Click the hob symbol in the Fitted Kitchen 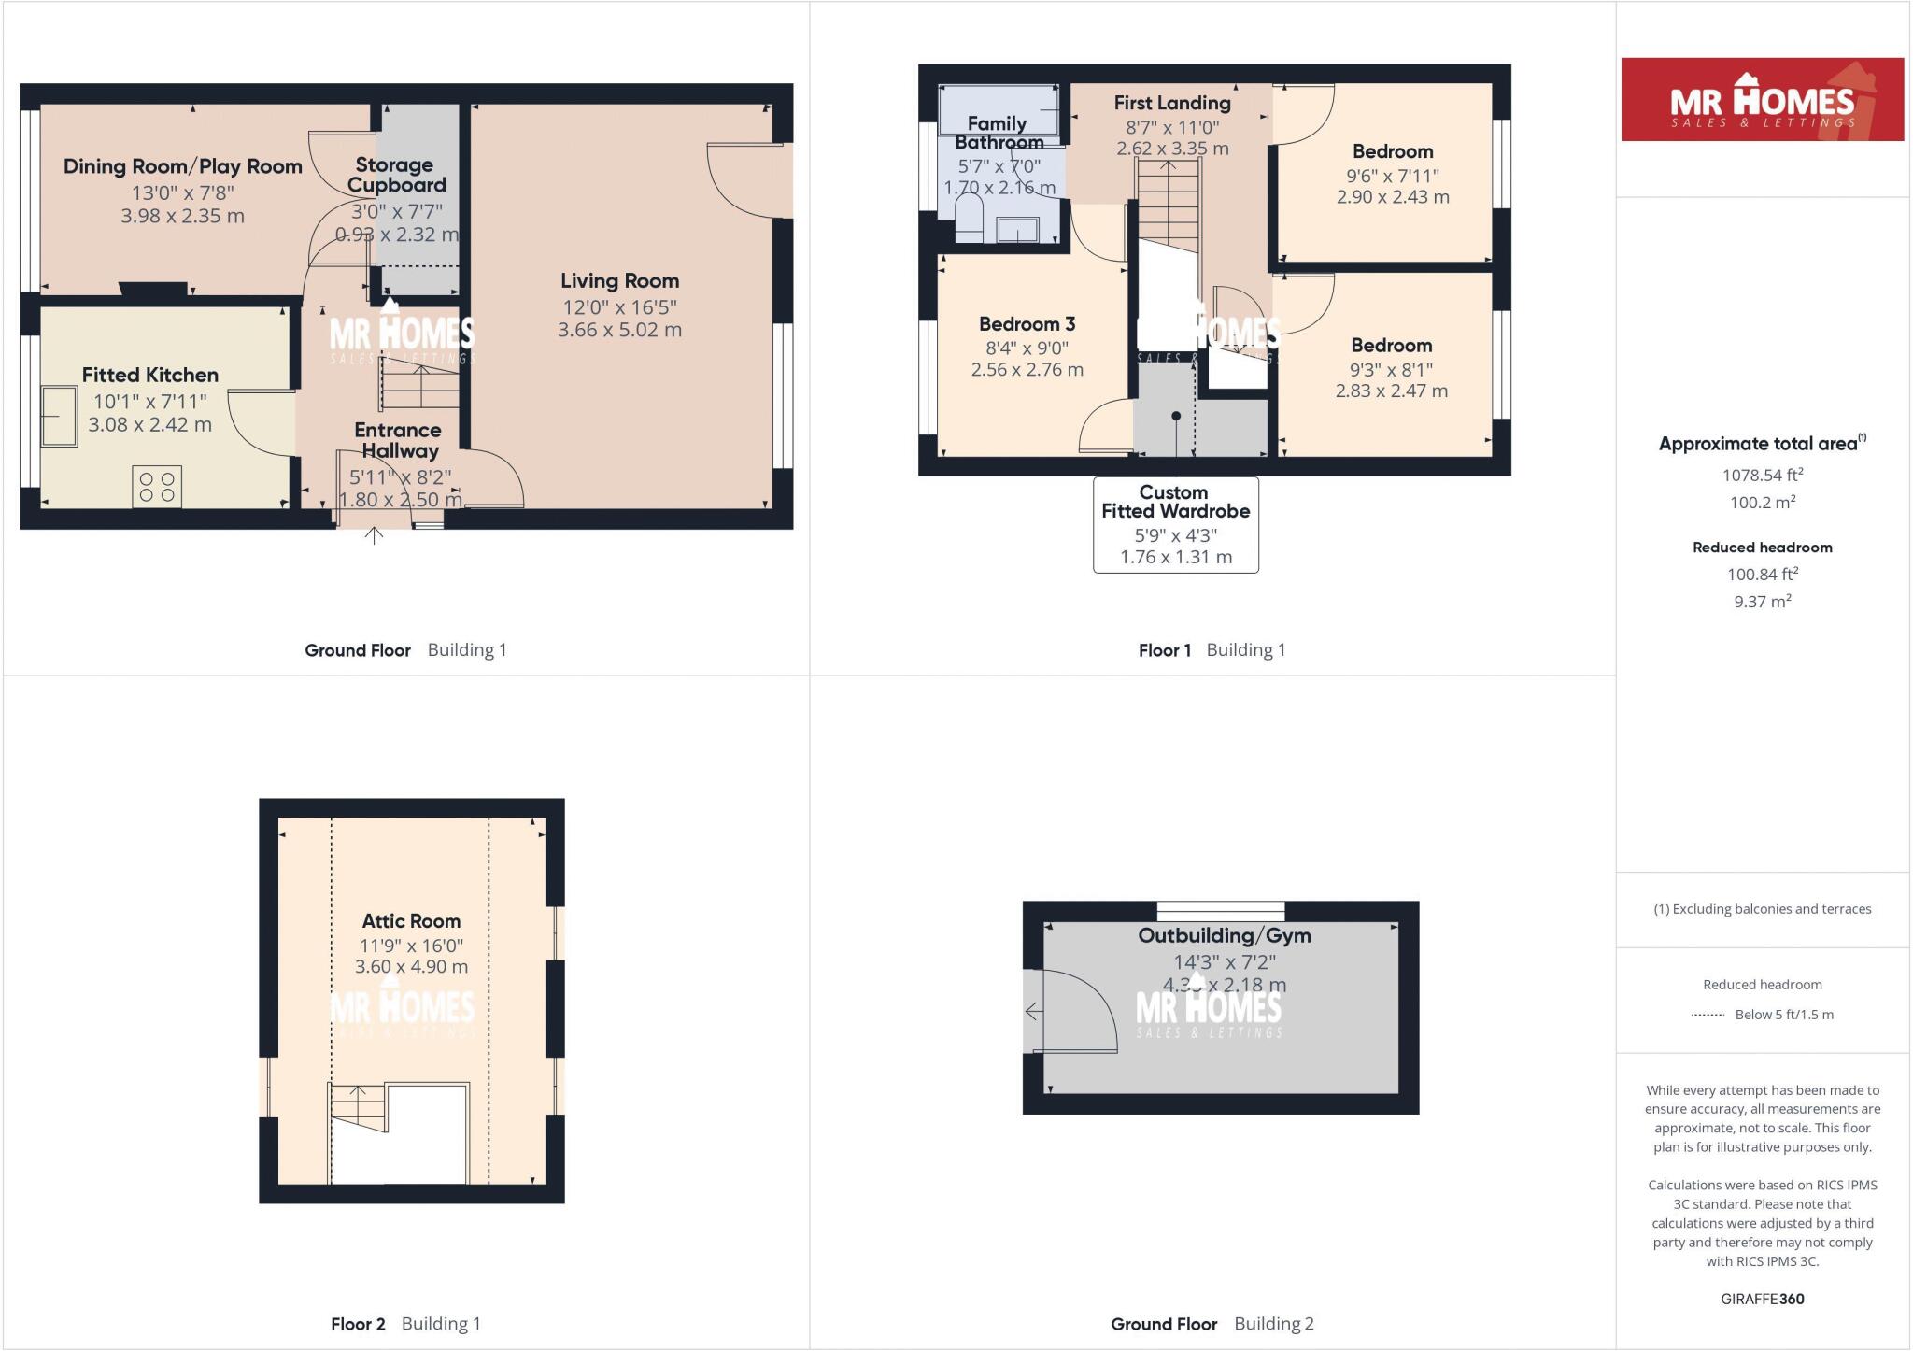[157, 487]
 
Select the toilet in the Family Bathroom [970, 218]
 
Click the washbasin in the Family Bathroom [1017, 228]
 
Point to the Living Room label [619, 280]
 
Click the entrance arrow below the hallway [374, 535]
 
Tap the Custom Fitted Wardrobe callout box [1175, 524]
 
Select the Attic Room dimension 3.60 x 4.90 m [411, 967]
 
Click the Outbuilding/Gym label [1224, 935]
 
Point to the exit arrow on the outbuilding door [1033, 1011]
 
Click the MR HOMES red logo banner [1762, 100]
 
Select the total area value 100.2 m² [1762, 502]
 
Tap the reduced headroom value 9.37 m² [1762, 602]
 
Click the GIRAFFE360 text [1762, 1299]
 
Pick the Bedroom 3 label [1027, 324]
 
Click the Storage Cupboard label [396, 175]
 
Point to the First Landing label [1172, 103]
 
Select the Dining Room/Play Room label [182, 166]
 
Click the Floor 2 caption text [358, 1324]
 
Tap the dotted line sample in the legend [1708, 1015]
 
